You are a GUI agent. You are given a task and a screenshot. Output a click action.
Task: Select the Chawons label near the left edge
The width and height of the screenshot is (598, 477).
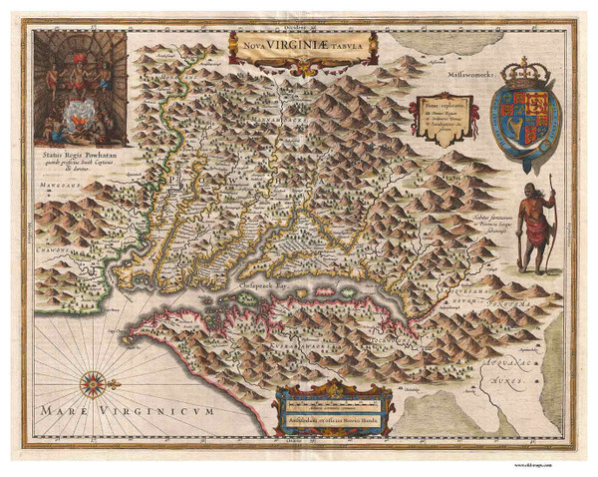tap(42, 249)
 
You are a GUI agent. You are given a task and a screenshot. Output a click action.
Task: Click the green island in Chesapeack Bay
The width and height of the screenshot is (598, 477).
tap(248, 297)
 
